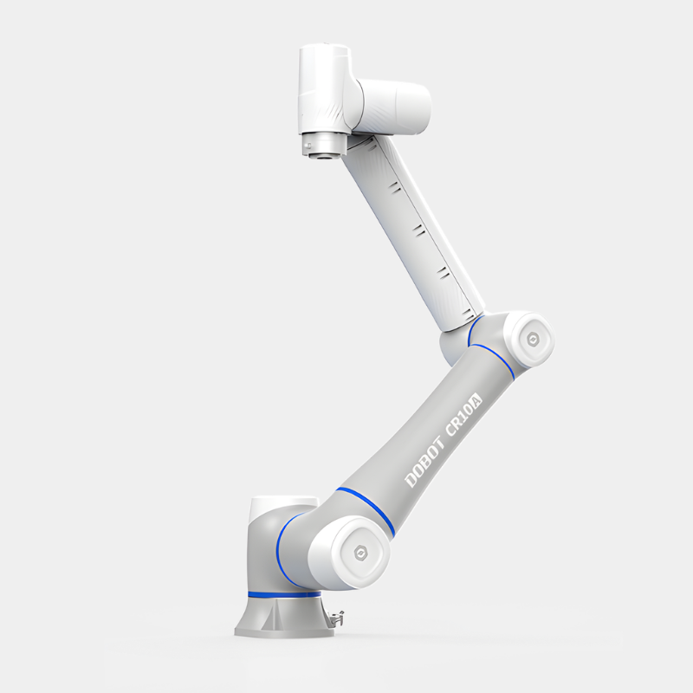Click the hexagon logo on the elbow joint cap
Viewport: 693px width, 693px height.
pyautogui.click(x=532, y=340)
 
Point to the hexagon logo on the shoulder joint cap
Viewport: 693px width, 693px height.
pyautogui.click(x=360, y=553)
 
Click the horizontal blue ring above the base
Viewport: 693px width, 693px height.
pyautogui.click(x=285, y=594)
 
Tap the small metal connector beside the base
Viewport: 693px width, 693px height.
pyautogui.click(x=336, y=618)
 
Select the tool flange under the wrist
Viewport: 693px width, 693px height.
pyautogui.click(x=322, y=144)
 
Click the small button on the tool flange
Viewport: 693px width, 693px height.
pyautogui.click(x=309, y=146)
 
